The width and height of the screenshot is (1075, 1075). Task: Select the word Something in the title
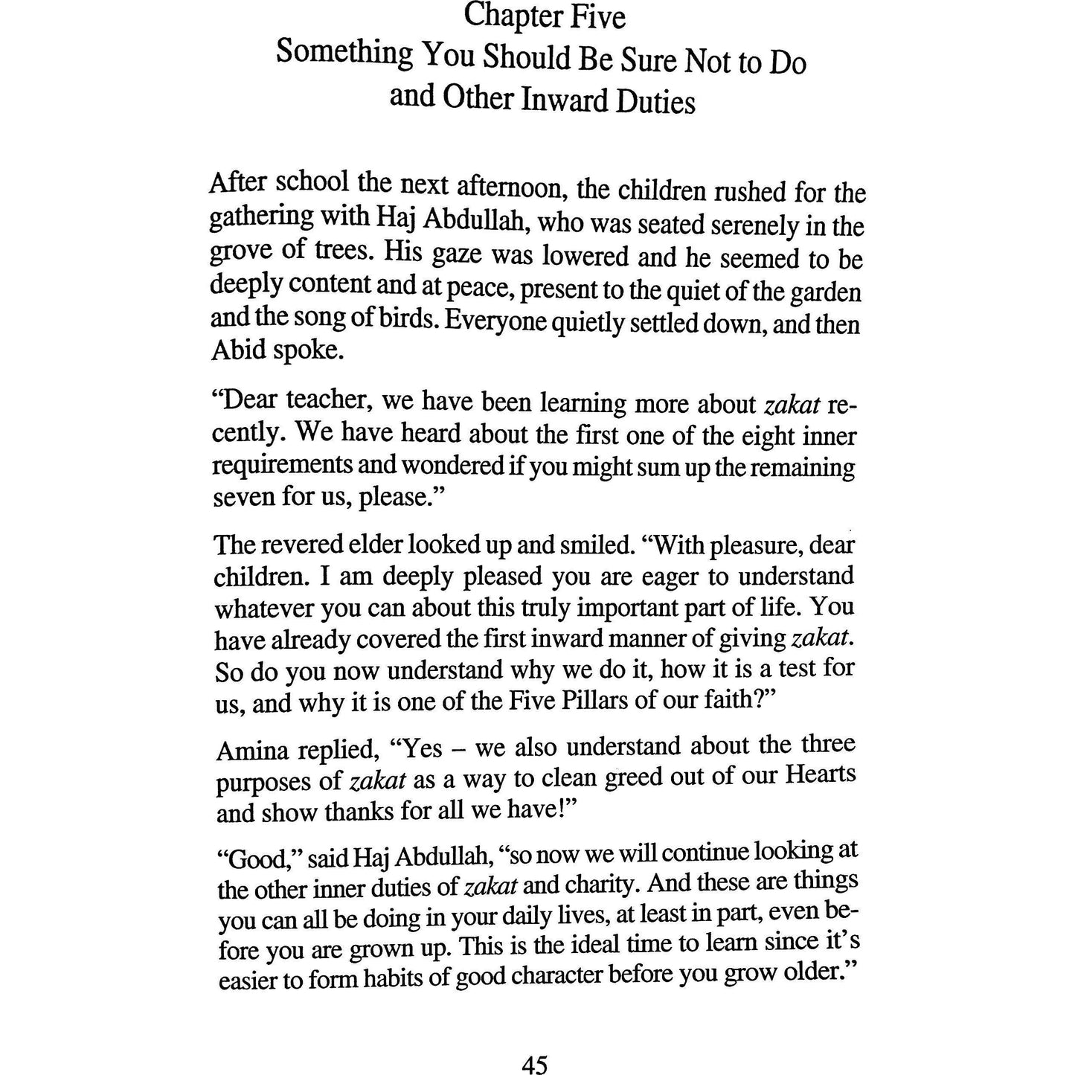pos(344,55)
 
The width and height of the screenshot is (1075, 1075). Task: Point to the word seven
pos(243,497)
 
